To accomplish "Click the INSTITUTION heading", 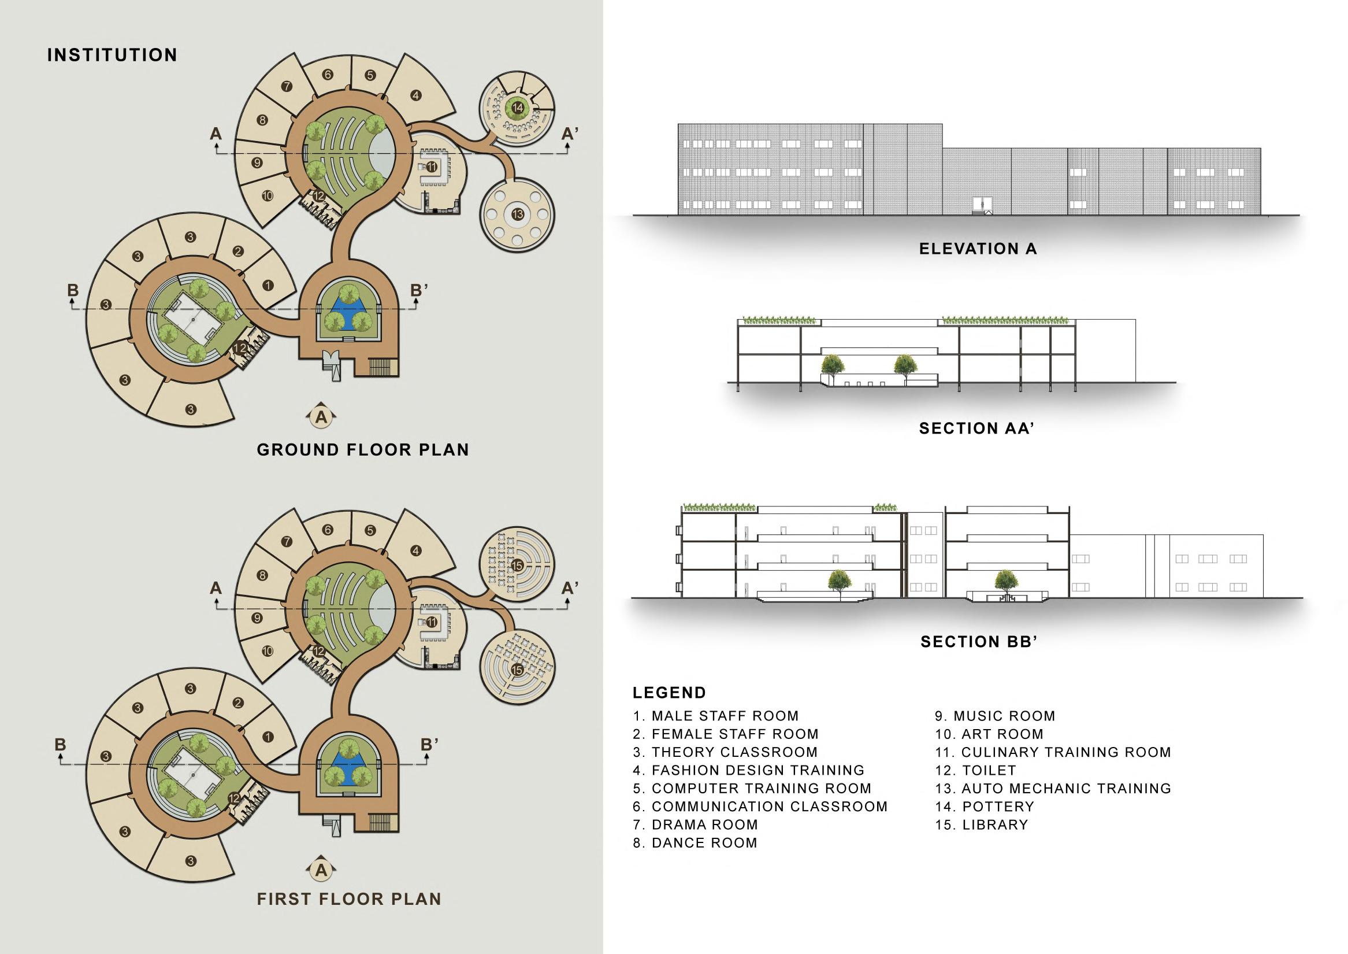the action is click(x=112, y=56).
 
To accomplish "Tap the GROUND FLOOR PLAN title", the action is click(x=363, y=450).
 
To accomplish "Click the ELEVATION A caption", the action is click(x=978, y=249).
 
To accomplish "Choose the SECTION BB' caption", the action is click(x=979, y=641).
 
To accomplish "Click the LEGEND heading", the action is click(x=669, y=693).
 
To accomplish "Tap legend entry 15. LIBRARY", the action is click(x=982, y=824).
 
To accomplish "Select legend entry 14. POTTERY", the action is click(x=984, y=807).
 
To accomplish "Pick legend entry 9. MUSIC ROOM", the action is click(x=995, y=716).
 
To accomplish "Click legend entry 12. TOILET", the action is click(x=975, y=770).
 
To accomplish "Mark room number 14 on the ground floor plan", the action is click(x=517, y=108).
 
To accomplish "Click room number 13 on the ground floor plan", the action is click(x=517, y=214).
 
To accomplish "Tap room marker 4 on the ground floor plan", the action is click(x=415, y=95).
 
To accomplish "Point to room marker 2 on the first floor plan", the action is click(x=238, y=703).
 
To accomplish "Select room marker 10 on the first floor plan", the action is click(x=268, y=651).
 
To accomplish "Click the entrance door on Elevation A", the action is click(x=982, y=205).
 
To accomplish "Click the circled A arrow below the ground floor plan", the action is click(x=321, y=417).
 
